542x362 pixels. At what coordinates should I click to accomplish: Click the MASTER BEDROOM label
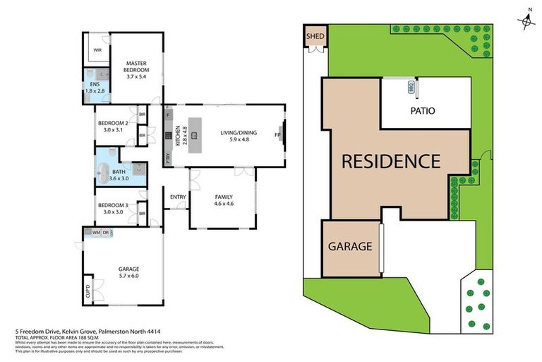pos(136,67)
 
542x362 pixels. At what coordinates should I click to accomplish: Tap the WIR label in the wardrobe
pos(98,50)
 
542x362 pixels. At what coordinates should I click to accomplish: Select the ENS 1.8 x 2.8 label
pos(94,88)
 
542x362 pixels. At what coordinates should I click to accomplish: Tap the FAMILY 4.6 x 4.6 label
pos(224,200)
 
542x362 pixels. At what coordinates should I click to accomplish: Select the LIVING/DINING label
pos(239,135)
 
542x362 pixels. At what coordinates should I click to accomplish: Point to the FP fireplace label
pos(277,135)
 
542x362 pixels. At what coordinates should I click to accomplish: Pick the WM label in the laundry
pos(95,233)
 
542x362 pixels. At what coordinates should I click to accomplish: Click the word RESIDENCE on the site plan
pos(391,160)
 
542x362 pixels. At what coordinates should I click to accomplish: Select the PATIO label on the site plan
pos(422,111)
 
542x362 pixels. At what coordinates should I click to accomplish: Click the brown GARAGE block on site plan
pos(349,247)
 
